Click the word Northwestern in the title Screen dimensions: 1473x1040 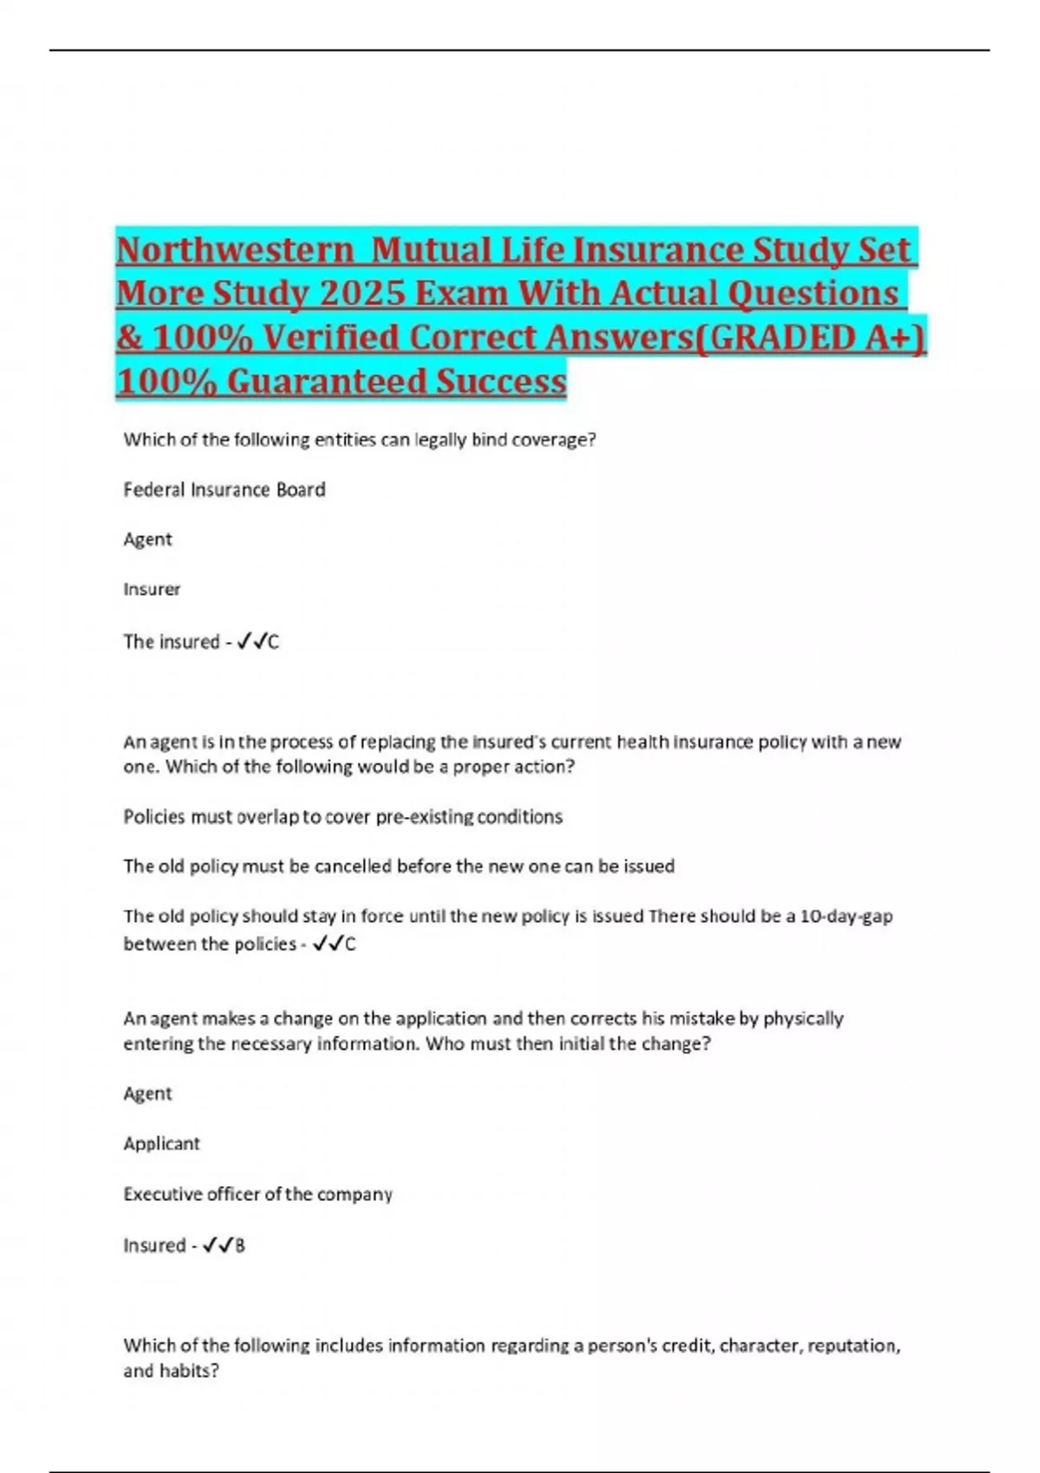[235, 250]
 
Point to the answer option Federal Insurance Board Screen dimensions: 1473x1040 [224, 490]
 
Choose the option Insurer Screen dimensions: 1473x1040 [152, 589]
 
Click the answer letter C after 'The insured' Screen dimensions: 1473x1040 [274, 642]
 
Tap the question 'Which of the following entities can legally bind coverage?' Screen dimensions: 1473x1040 [360, 439]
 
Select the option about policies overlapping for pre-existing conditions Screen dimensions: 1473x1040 [342, 816]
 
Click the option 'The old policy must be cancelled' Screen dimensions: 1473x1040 [399, 866]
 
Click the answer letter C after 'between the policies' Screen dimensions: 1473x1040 [351, 944]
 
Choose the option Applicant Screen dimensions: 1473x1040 [161, 1143]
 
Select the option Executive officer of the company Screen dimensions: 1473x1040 [257, 1193]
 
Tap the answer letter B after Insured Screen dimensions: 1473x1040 [240, 1246]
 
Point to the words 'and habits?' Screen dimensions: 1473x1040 [171, 1371]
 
